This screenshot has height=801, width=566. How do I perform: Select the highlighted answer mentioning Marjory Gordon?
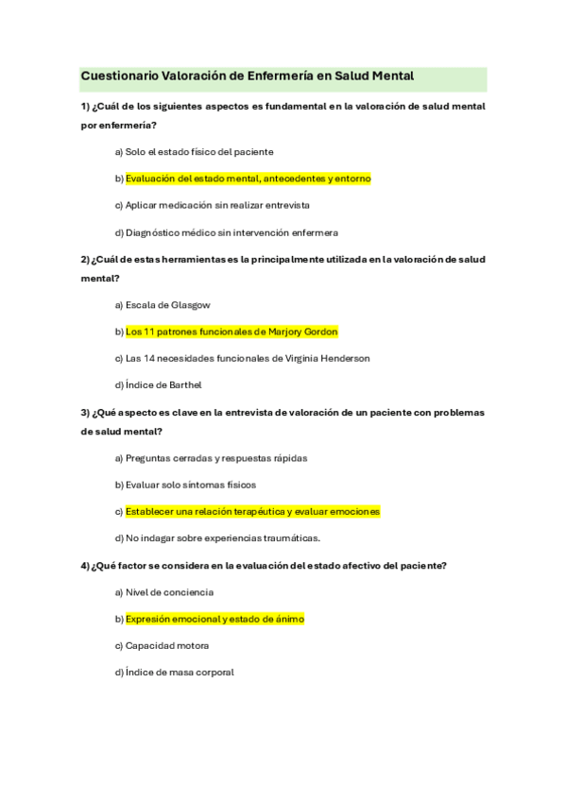(x=232, y=332)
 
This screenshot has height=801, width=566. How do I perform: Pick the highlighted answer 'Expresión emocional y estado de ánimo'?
(x=214, y=619)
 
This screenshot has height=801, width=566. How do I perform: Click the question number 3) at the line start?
(x=85, y=413)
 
